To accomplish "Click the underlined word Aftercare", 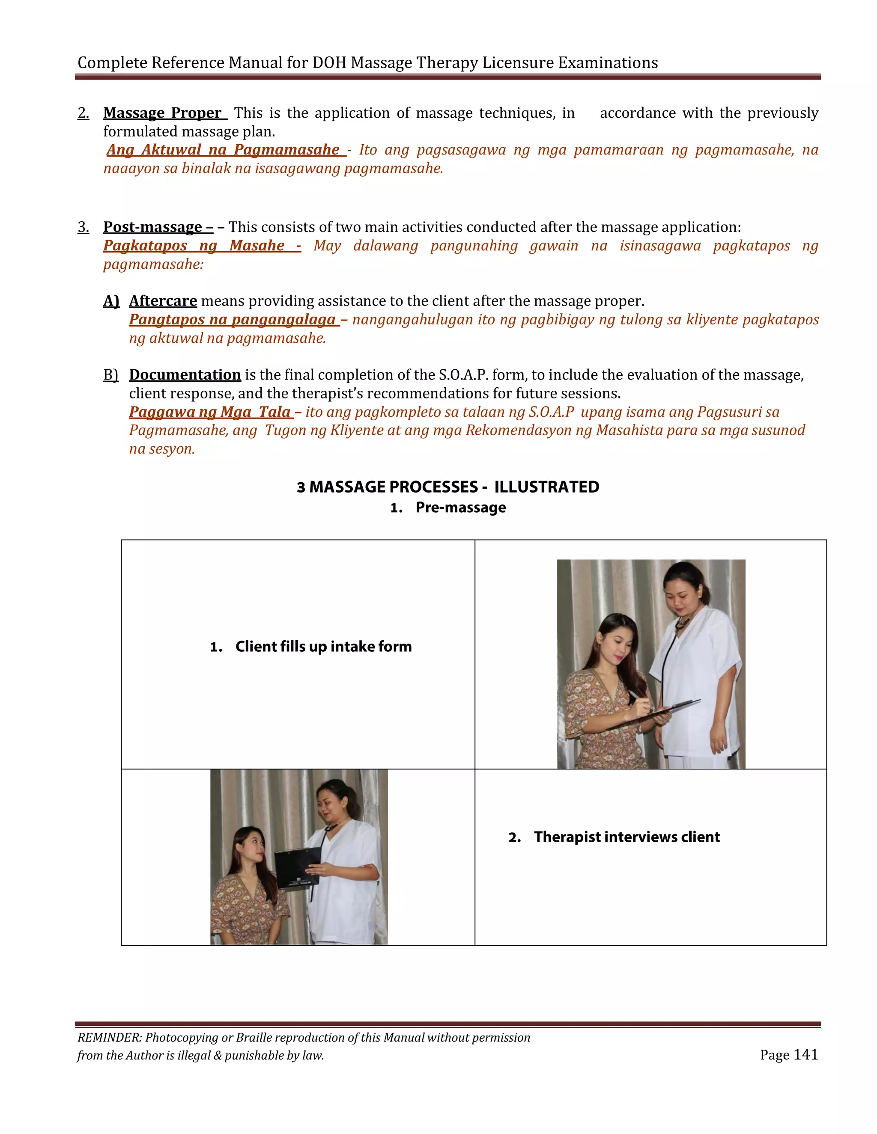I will pos(163,301).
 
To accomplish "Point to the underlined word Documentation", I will pos(185,375).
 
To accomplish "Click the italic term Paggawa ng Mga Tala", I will pos(210,412).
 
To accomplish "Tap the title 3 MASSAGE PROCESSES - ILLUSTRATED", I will pos(448,487).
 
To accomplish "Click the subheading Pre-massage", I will pos(460,508).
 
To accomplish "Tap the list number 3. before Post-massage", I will pos(83,227).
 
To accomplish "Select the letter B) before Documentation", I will pos(110,375).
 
